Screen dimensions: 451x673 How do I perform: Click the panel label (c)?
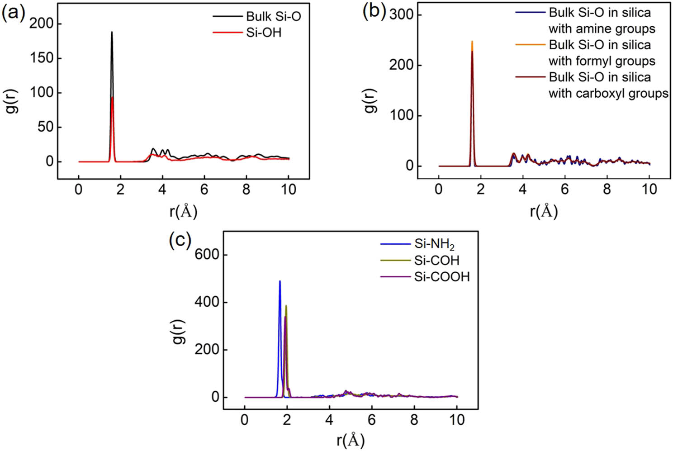point(180,239)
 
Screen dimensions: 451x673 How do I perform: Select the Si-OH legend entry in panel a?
point(263,33)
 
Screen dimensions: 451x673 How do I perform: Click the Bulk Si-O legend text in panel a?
point(273,16)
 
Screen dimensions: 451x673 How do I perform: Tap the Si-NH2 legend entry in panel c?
point(434,244)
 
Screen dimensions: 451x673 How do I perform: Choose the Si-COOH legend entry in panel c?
point(441,276)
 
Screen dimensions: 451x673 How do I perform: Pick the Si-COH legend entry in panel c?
point(436,260)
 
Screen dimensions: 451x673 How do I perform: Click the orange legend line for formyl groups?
point(530,45)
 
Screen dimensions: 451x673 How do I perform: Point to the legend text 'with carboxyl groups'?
point(608,93)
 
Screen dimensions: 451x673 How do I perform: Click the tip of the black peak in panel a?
point(112,32)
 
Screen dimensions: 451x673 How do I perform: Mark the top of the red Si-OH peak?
point(113,98)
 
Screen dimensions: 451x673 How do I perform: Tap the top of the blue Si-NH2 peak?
point(280,281)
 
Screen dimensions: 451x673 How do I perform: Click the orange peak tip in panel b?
point(472,42)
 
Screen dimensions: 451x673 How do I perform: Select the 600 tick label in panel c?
point(206,255)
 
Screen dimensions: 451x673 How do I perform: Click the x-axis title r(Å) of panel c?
point(350,440)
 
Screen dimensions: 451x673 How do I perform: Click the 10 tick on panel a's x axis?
point(289,190)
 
